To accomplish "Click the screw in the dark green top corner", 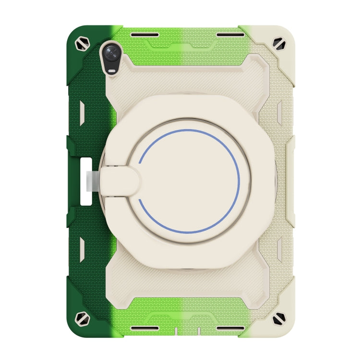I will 80,44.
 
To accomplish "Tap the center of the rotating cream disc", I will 189,181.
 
